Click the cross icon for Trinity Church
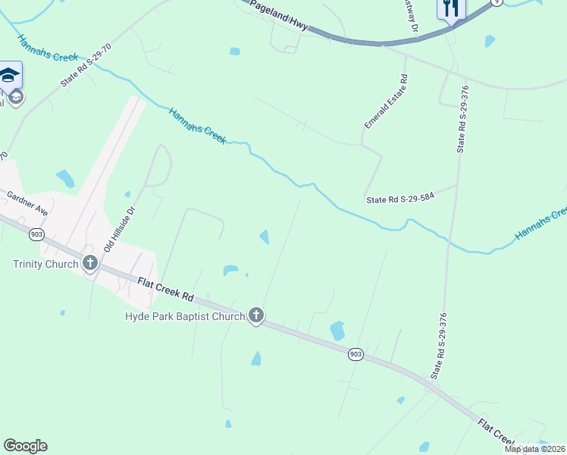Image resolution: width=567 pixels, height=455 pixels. coord(90,264)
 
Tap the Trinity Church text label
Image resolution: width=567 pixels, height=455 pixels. coord(45,264)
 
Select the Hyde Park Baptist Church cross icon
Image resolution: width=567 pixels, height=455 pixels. coord(256,315)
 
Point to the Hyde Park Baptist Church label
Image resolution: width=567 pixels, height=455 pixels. coord(185,315)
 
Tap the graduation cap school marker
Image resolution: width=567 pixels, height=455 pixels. coord(9,76)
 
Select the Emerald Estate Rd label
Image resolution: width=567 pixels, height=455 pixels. coord(385,100)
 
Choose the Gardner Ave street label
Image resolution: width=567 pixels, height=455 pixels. coord(27,204)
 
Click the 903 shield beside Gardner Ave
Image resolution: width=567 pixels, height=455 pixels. coord(36,234)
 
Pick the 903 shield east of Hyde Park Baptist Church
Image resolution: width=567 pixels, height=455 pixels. coord(356,354)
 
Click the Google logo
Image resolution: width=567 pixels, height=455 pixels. coord(25,446)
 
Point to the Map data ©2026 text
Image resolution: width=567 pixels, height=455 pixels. coord(534,449)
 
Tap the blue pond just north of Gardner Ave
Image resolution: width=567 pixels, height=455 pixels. coord(66,179)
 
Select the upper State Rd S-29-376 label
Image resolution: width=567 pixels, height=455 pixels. coord(462,120)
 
